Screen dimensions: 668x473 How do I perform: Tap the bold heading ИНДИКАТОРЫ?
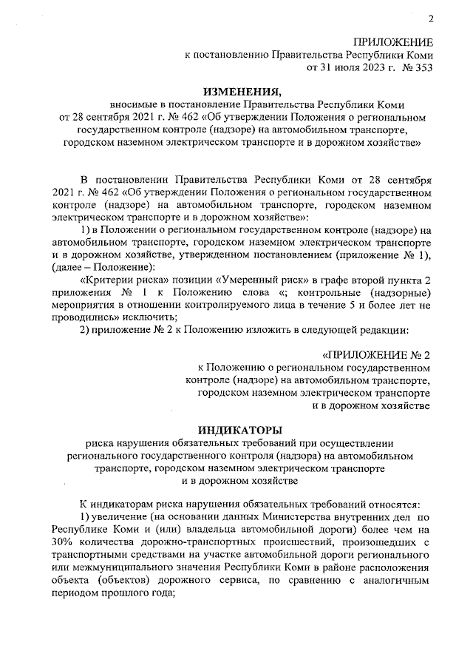[x=240, y=429]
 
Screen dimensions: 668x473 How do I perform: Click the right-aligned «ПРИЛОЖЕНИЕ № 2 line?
[x=377, y=354]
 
